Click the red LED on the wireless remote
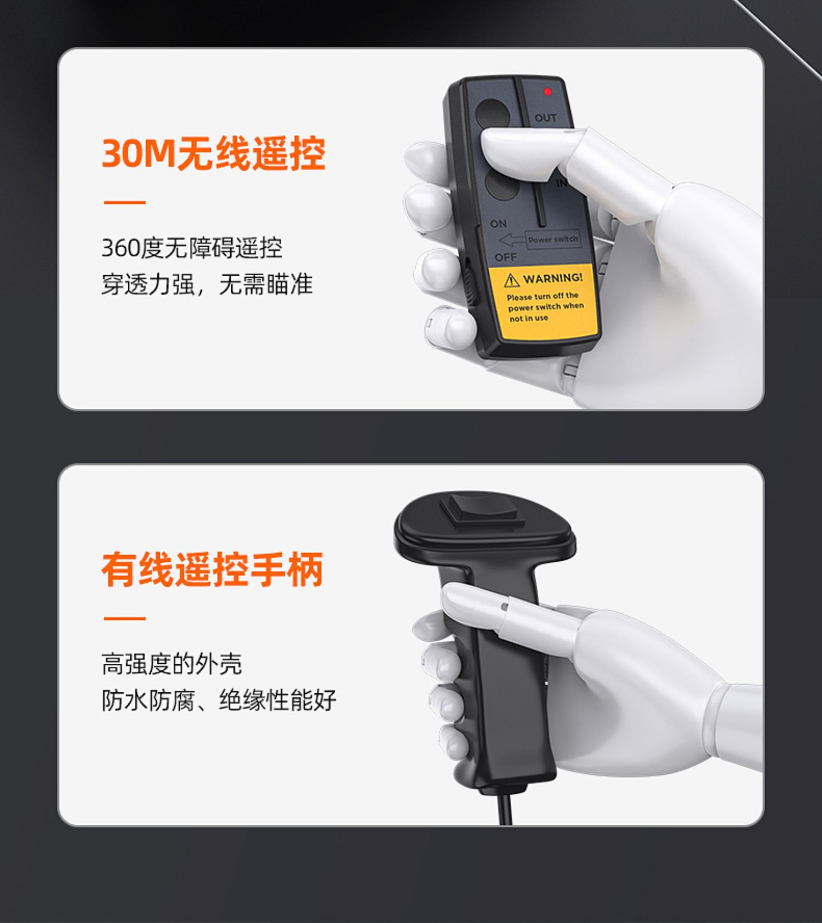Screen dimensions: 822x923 pyautogui.click(x=547, y=92)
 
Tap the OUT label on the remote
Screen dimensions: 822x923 pyautogui.click(x=545, y=118)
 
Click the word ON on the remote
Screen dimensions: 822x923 pyautogui.click(x=498, y=224)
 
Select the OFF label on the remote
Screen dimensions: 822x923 pyautogui.click(x=505, y=257)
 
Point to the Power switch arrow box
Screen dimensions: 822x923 pyautogui.click(x=540, y=240)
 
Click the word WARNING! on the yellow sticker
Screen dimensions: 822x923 pyautogui.click(x=553, y=278)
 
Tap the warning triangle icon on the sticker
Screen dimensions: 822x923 pyautogui.click(x=511, y=281)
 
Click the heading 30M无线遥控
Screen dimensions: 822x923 pyautogui.click(x=213, y=153)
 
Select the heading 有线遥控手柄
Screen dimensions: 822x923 pyautogui.click(x=212, y=569)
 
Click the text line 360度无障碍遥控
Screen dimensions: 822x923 pyautogui.click(x=192, y=248)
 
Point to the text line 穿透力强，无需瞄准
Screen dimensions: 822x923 pyautogui.click(x=207, y=284)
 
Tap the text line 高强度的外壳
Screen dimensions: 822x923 pyautogui.click(x=172, y=664)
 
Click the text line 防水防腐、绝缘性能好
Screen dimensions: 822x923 pyautogui.click(x=219, y=700)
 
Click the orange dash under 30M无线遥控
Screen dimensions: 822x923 pyautogui.click(x=125, y=202)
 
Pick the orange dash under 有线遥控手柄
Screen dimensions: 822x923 pyautogui.click(x=125, y=618)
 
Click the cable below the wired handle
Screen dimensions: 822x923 pyautogui.click(x=505, y=808)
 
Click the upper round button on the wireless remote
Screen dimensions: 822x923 pyautogui.click(x=492, y=114)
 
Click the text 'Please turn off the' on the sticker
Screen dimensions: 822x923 pyautogui.click(x=542, y=297)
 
